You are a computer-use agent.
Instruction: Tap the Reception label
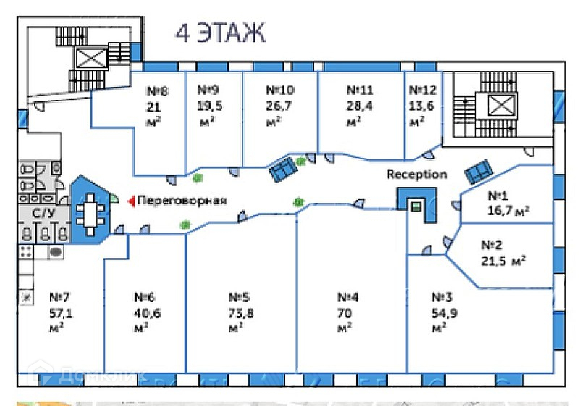tap(416, 175)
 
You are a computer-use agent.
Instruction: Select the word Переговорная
tap(182, 201)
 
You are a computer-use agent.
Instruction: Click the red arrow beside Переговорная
tap(130, 201)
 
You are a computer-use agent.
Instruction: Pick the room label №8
tap(157, 91)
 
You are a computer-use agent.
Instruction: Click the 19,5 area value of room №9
tap(208, 105)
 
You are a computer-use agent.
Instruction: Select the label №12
tap(423, 91)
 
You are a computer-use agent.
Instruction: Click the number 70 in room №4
tap(345, 312)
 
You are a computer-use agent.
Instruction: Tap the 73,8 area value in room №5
tap(239, 312)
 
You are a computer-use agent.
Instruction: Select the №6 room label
tap(145, 297)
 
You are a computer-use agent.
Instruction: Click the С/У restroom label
tap(43, 212)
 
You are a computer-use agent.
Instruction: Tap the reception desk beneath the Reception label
tap(416, 205)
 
